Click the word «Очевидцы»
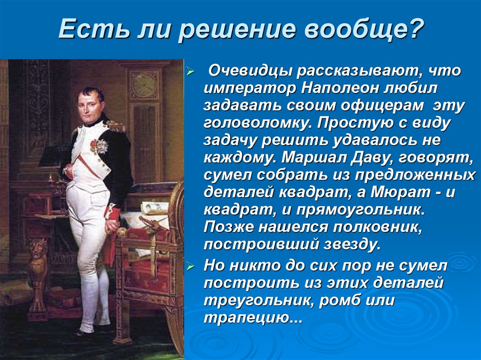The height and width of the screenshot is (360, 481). pos(247,71)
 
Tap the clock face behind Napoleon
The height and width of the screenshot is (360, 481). pos(143,85)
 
